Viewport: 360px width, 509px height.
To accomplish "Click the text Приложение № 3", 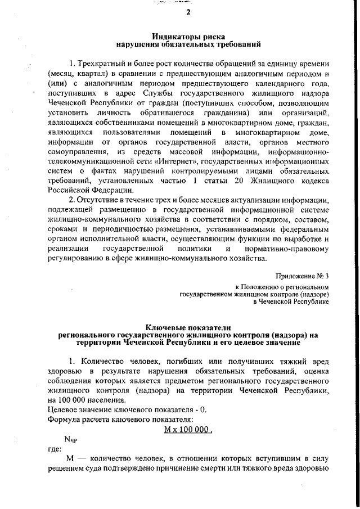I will (x=305, y=277).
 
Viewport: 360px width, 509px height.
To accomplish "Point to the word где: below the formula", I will (x=54, y=450).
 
